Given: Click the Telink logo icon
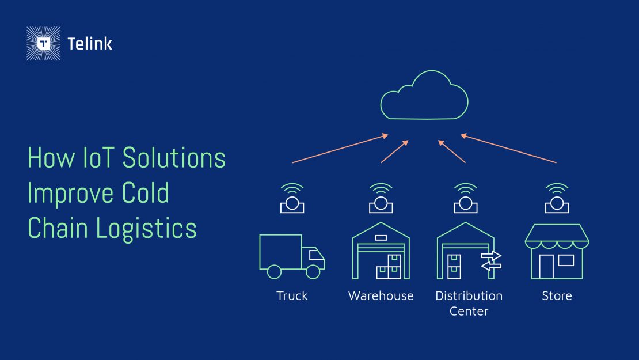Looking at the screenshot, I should (x=44, y=44).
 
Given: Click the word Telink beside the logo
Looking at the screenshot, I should (x=90, y=44).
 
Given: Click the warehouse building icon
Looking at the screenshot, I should (x=381, y=251).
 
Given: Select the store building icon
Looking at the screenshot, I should (x=557, y=252).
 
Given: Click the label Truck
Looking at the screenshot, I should (x=292, y=296).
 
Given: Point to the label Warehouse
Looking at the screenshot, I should (x=381, y=296).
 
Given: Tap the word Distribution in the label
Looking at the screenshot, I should (x=469, y=296).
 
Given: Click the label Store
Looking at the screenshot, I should (x=557, y=296).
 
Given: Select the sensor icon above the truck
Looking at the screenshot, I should (x=292, y=199).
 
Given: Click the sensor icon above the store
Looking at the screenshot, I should (x=557, y=199).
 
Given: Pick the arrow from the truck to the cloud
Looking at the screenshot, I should (x=340, y=149).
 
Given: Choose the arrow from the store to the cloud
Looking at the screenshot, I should (x=509, y=149).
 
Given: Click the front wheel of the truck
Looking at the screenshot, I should (x=313, y=271).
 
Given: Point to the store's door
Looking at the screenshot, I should (x=546, y=266).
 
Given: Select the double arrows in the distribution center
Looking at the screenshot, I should (x=491, y=260).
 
